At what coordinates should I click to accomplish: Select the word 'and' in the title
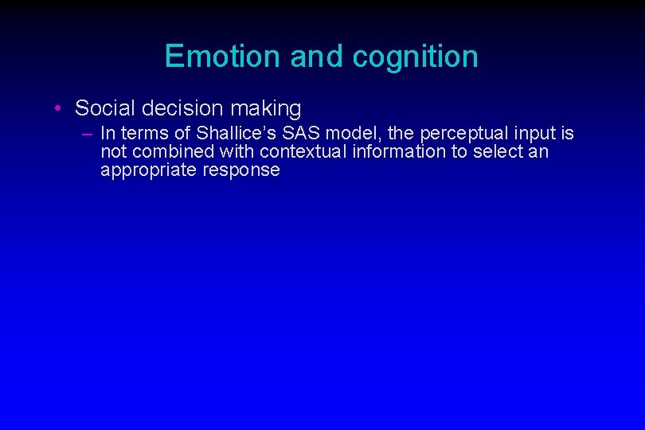coord(317,57)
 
